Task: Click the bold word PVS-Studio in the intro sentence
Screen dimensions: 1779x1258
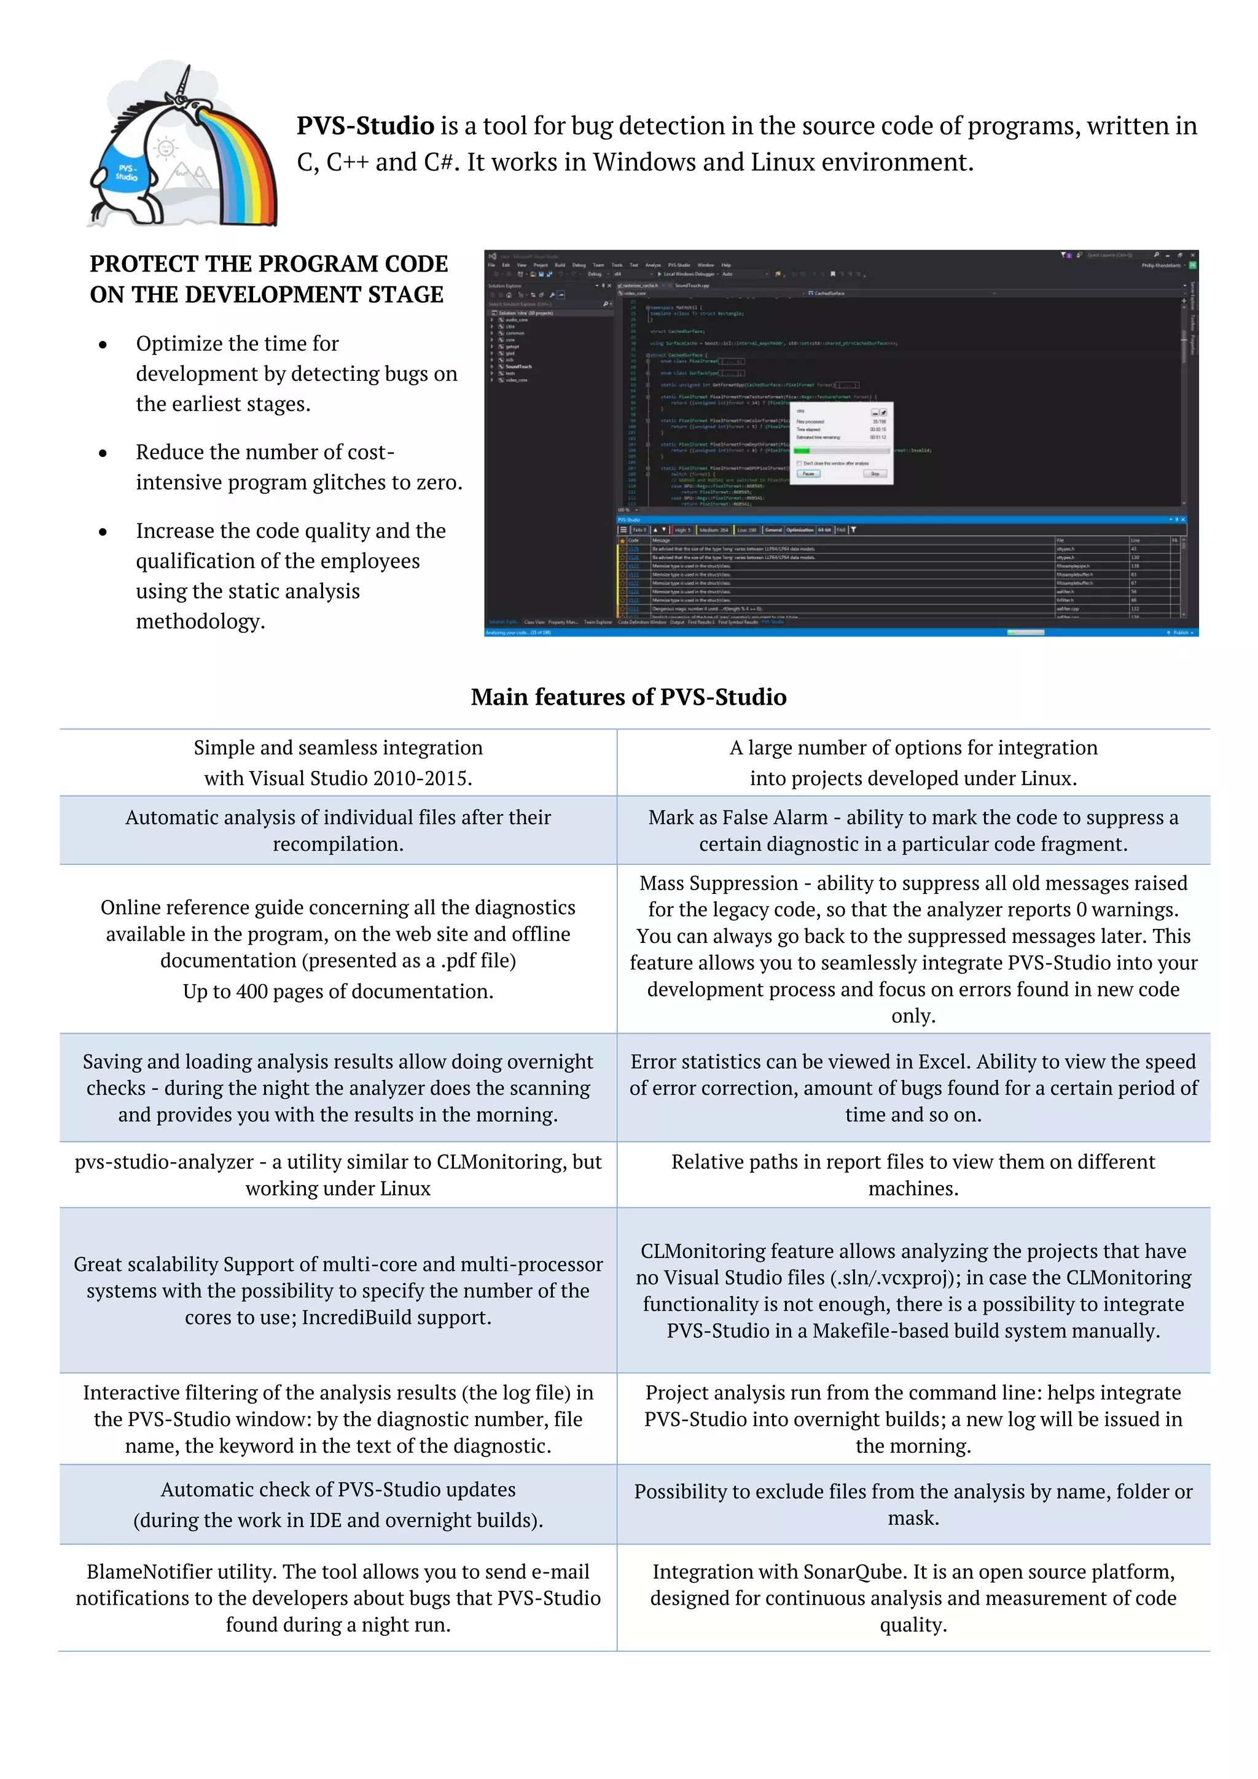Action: coord(365,125)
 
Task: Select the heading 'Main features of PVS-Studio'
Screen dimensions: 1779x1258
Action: coord(628,697)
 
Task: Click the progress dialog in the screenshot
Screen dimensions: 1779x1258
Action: coord(843,442)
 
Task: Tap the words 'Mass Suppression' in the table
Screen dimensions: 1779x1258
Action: coord(718,883)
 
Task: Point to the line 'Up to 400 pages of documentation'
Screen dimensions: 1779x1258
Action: coord(338,991)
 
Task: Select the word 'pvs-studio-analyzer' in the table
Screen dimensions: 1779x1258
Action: coord(164,1162)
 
